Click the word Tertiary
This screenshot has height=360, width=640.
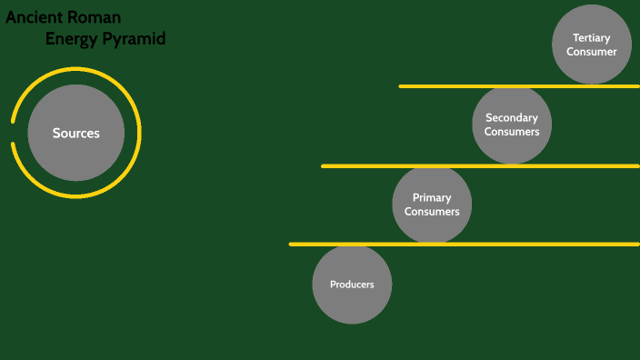click(591, 38)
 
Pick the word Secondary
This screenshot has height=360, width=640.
click(512, 118)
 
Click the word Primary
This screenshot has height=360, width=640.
click(432, 198)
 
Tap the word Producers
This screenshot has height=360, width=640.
click(352, 285)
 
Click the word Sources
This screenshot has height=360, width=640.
click(75, 134)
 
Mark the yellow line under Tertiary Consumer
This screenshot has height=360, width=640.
click(518, 86)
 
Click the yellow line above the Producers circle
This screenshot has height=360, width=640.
click(464, 244)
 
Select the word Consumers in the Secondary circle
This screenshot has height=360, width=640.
click(512, 132)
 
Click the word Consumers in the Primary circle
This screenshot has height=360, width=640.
click(432, 212)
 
